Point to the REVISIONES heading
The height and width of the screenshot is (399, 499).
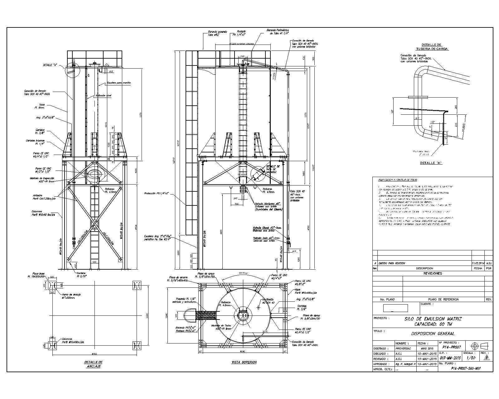pyautogui.click(x=432, y=273)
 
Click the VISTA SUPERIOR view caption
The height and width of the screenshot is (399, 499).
pyautogui.click(x=244, y=362)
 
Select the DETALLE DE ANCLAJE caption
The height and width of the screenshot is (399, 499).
pyautogui.click(x=93, y=364)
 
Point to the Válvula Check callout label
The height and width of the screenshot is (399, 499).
pyautogui.click(x=267, y=229)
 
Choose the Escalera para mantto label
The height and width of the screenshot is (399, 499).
pyautogui.click(x=119, y=83)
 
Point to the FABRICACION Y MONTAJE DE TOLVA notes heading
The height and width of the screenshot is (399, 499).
pyautogui.click(x=398, y=180)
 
